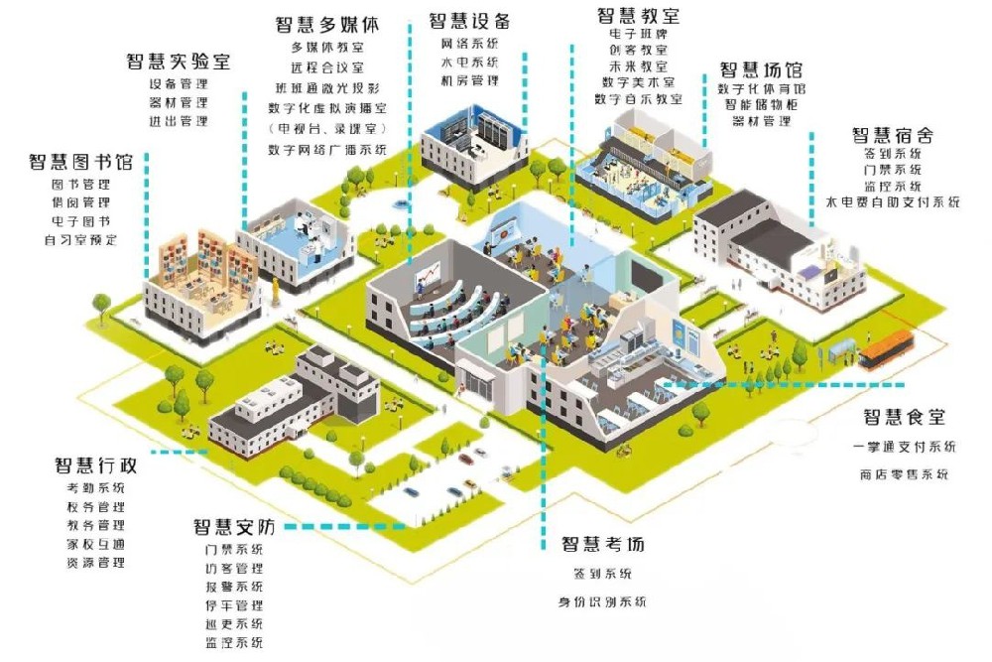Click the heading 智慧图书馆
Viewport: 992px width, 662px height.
[x=81, y=162]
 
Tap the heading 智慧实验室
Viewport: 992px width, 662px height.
[x=179, y=62]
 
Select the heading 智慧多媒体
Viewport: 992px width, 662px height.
[x=327, y=24]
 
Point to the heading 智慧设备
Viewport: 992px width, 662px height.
[x=469, y=21]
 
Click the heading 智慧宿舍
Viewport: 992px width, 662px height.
[x=893, y=135]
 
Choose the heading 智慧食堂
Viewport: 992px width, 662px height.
[x=905, y=417]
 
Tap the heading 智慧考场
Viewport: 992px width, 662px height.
[x=603, y=544]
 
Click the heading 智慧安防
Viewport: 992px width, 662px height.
[x=234, y=527]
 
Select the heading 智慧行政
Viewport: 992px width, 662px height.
[x=95, y=465]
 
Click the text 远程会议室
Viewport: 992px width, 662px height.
[x=327, y=67]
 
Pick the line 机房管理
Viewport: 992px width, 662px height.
[x=469, y=80]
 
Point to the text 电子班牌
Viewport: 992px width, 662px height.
[x=638, y=33]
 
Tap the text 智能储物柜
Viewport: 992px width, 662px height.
[x=762, y=104]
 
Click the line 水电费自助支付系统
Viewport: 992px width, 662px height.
[x=893, y=201]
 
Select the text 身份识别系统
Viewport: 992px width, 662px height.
[x=602, y=601]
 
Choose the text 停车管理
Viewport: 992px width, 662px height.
[x=234, y=605]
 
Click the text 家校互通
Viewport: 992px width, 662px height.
[x=95, y=544]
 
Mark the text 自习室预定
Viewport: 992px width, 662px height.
[x=81, y=240]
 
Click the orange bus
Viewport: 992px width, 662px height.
[x=886, y=350]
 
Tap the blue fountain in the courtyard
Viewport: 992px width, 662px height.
[x=400, y=203]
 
